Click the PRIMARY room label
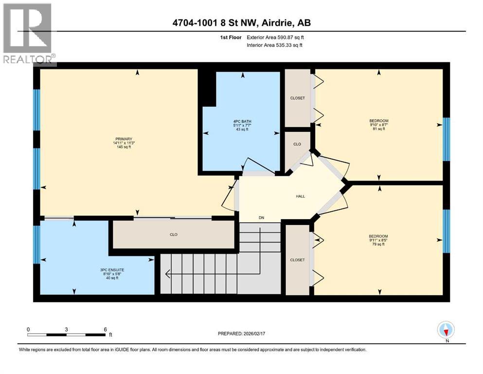pyautogui.click(x=124, y=139)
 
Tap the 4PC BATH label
pyautogui.click(x=242, y=121)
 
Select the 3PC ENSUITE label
pyautogui.click(x=112, y=270)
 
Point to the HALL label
pyautogui.click(x=300, y=196)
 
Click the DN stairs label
pyautogui.click(x=261, y=218)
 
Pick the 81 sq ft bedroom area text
pyautogui.click(x=379, y=129)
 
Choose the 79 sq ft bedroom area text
pyautogui.click(x=378, y=244)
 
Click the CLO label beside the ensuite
pyautogui.click(x=174, y=235)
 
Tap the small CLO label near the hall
pyautogui.click(x=297, y=144)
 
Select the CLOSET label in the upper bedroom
pyautogui.click(x=298, y=98)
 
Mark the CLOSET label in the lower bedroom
pyautogui.click(x=298, y=260)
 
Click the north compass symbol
pyautogui.click(x=446, y=330)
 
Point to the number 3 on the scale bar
pyautogui.click(x=66, y=329)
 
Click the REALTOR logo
pyautogui.click(x=28, y=34)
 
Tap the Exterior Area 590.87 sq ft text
pyautogui.click(x=275, y=37)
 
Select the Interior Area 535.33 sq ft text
pyautogui.click(x=274, y=45)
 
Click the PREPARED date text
pyautogui.click(x=241, y=334)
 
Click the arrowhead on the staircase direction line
pyautogui.click(x=168, y=274)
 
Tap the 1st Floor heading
pyautogui.click(x=231, y=37)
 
